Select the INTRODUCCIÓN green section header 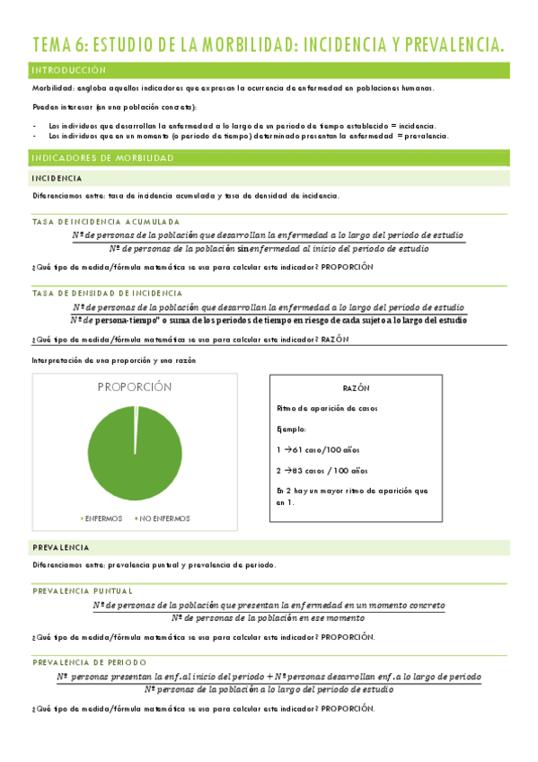click(68, 69)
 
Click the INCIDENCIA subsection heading click(58, 179)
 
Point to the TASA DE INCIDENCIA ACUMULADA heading click(106, 221)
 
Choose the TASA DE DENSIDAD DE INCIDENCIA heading click(107, 293)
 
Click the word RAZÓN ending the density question click(334, 339)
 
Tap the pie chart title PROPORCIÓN click(134, 386)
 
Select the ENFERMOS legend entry click(103, 518)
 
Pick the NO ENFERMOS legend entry click(164, 518)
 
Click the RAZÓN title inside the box click(357, 388)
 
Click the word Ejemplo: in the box click(292, 429)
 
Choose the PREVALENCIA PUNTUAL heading click(83, 590)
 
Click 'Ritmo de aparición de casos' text click(327, 408)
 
